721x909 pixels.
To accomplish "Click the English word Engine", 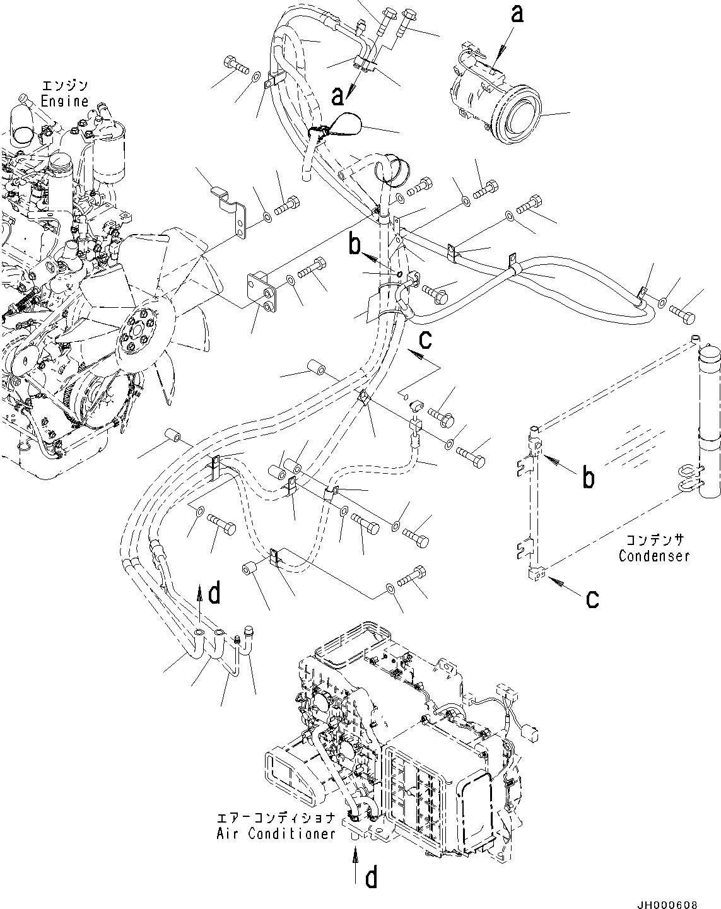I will click(64, 101).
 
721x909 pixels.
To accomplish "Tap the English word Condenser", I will click(654, 556).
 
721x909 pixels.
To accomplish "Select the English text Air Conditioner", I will click(276, 833).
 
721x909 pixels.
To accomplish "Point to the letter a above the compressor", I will click(517, 15).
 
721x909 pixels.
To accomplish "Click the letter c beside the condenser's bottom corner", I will click(592, 598).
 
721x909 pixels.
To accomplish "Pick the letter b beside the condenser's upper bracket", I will click(587, 478).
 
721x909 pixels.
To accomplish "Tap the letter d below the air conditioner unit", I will click(372, 877).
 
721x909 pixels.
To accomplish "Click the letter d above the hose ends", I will click(215, 593).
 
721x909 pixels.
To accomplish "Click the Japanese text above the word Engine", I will click(64, 86).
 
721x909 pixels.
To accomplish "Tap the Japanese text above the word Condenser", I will click(655, 541).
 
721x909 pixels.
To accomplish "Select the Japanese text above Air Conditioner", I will click(276, 818).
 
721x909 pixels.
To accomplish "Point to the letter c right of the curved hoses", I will click(426, 341).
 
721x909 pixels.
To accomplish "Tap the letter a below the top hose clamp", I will click(339, 96).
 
